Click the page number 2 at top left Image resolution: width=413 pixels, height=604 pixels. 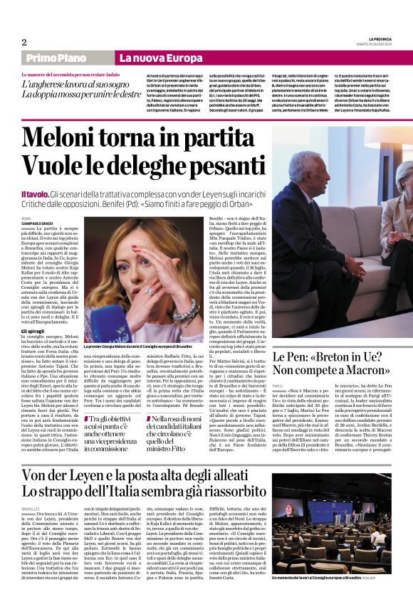(24, 41)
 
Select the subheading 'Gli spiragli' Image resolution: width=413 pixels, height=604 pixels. (33, 332)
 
